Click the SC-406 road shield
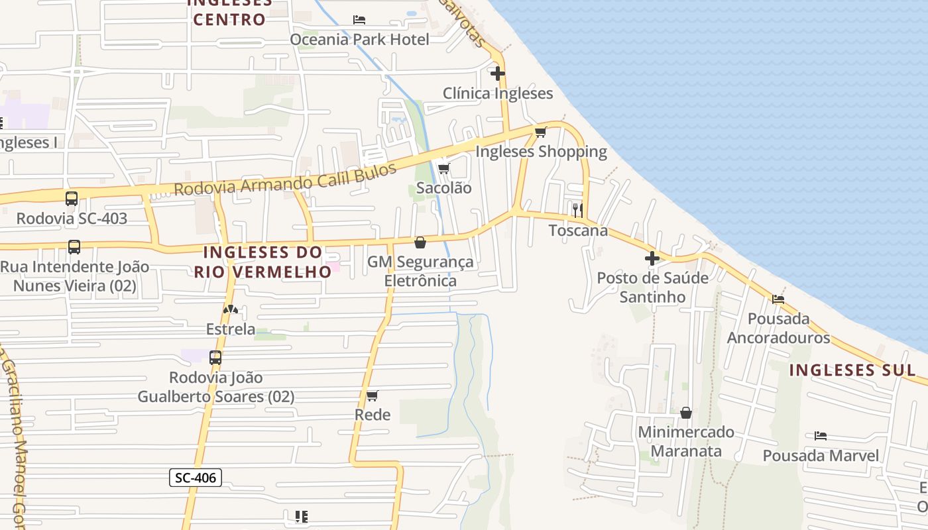point(195,477)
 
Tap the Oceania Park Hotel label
point(359,40)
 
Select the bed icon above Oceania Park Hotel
point(359,20)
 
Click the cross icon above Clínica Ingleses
point(498,74)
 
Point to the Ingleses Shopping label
point(541,152)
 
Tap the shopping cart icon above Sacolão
point(443,168)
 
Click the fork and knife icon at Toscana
point(578,211)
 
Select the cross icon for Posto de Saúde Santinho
point(652,258)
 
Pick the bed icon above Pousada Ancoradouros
point(778,299)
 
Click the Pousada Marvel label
point(821,456)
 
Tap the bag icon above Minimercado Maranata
point(686,413)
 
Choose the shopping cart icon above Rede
point(372,396)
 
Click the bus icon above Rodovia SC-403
point(72,199)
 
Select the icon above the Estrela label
point(231,309)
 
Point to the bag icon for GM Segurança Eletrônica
point(420,242)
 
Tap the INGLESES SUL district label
point(852,370)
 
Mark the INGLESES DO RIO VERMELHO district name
point(263,262)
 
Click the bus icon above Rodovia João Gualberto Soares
point(215,358)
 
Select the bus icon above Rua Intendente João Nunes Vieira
point(74,247)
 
